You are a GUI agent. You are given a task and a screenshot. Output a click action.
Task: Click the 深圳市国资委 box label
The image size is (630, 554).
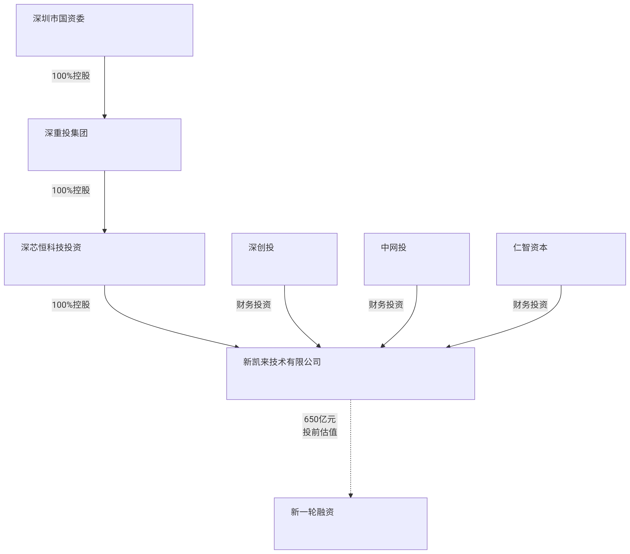[x=59, y=19]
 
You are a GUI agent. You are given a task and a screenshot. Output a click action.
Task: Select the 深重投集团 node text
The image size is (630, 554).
[x=66, y=133]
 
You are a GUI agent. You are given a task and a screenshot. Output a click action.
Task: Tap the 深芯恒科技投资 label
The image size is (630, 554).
[x=51, y=247]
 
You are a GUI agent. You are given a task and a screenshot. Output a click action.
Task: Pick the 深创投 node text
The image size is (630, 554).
[x=261, y=247]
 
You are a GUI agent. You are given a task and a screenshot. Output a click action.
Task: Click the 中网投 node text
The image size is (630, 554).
[x=394, y=247]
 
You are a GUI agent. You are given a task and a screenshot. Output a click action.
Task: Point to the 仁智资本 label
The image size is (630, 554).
[x=530, y=247]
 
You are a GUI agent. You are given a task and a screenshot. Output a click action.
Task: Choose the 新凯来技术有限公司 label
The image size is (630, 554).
[x=282, y=362]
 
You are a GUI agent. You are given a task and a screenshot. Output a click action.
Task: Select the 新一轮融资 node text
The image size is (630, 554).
[x=312, y=512]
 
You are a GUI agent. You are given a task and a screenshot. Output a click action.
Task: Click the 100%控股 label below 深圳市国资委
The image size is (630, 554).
[x=71, y=76]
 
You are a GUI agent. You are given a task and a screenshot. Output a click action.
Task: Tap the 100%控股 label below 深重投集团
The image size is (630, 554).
[x=71, y=190]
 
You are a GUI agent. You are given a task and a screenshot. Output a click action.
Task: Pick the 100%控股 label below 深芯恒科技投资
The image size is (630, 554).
[x=71, y=305]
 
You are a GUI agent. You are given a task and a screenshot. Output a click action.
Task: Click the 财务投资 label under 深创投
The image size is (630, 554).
[x=253, y=305]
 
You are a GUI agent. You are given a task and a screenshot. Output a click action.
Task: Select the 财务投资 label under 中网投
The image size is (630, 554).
[x=386, y=305]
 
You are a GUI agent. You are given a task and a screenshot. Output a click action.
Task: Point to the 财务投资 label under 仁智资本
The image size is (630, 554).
[x=530, y=305]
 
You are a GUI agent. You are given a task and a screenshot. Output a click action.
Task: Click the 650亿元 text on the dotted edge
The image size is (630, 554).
[x=320, y=419]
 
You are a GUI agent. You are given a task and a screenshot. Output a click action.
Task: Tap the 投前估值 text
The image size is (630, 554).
[x=320, y=432]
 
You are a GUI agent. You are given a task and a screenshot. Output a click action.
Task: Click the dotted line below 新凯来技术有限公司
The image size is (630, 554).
[x=350, y=462]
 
